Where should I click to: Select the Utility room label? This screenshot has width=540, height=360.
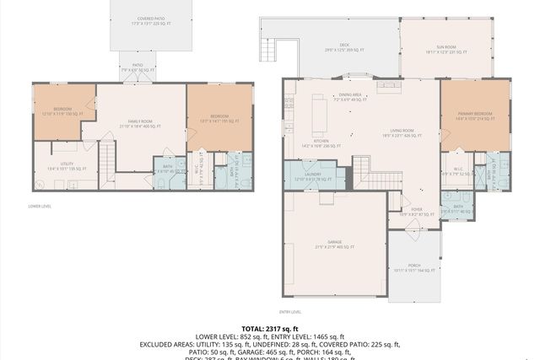click(x=63, y=166)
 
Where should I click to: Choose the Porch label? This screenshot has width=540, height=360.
click(x=414, y=267)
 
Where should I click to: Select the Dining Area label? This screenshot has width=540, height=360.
click(x=351, y=97)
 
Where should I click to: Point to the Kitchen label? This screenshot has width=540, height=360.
click(x=321, y=143)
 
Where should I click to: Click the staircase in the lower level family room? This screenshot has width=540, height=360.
click(x=108, y=157)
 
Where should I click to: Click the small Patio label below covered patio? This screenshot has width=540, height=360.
click(x=136, y=67)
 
